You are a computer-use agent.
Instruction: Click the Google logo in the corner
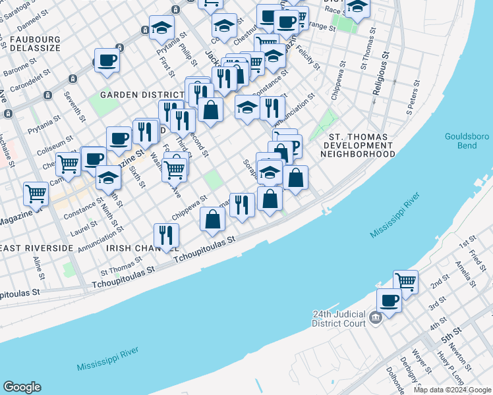(x=22, y=388)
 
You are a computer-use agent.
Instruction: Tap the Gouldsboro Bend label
(x=466, y=141)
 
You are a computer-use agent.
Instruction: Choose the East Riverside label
(x=37, y=248)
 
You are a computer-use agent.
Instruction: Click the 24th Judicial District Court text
(x=339, y=319)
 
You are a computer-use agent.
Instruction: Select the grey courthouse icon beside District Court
(x=376, y=319)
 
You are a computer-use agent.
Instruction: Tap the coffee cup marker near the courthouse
(x=389, y=302)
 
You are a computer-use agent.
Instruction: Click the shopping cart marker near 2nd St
(x=405, y=282)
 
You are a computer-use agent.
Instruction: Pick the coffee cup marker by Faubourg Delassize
(x=107, y=61)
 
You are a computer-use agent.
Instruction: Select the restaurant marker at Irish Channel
(x=166, y=236)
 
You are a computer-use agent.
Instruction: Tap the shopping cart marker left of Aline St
(x=36, y=194)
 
